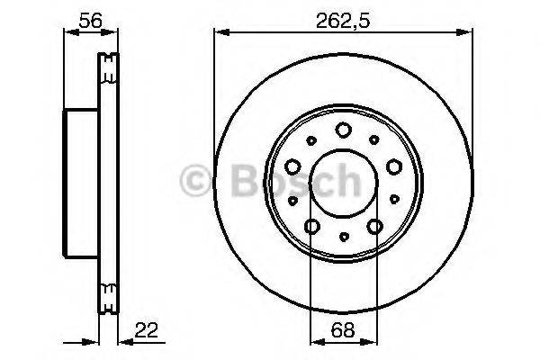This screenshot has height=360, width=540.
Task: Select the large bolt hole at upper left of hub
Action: pos(293,166)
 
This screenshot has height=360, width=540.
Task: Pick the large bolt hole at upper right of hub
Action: pos(393,166)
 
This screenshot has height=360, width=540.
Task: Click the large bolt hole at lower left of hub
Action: pos(312,226)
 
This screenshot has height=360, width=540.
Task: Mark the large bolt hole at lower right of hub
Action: pos(374,226)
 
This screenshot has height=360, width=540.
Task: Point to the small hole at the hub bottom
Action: pos(343,238)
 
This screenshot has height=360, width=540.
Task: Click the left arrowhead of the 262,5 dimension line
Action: pos(218,32)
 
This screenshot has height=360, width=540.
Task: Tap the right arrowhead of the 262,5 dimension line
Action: pos(469,32)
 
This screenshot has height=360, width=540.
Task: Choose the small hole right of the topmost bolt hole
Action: pos(373,139)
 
